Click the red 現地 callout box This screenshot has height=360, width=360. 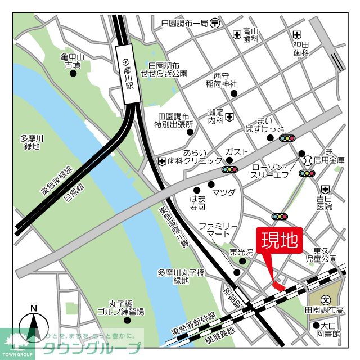[280, 240]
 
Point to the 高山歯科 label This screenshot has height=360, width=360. [250, 35]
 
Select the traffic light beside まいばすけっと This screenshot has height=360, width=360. [287, 138]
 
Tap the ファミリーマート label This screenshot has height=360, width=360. [214, 229]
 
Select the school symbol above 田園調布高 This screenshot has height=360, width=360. [325, 300]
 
